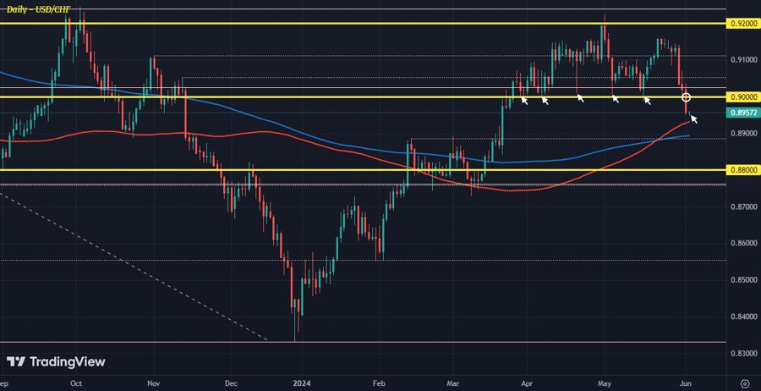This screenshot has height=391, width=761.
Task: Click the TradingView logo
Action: point(56,361)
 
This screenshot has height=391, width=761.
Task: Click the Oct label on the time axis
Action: point(76,383)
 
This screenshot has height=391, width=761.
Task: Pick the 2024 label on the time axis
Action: point(300,383)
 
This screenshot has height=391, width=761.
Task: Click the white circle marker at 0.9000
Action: point(687,97)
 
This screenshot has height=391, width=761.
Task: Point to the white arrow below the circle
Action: point(694,118)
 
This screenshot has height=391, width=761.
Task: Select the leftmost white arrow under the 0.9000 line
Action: point(524,101)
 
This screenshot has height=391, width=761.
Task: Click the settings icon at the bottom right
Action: point(744,383)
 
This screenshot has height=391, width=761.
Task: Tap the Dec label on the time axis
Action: point(230,383)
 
